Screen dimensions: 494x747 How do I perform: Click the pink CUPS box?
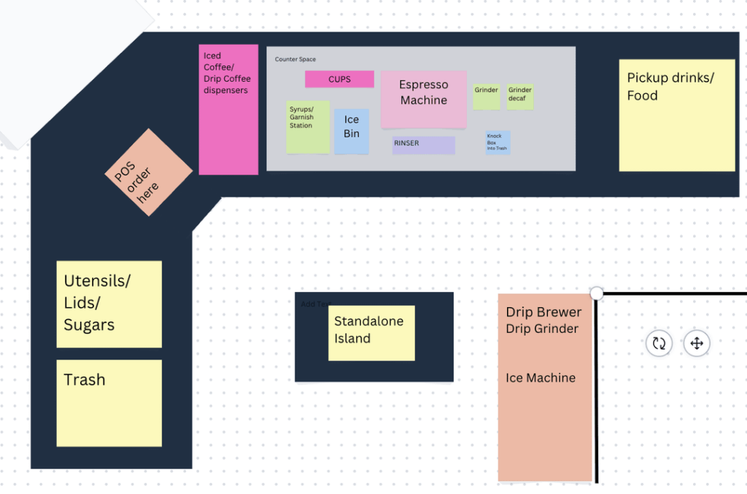click(339, 80)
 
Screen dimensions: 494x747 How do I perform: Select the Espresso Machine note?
click(423, 99)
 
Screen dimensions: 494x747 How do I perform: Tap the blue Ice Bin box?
click(352, 131)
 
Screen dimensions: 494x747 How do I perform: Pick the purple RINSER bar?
click(423, 144)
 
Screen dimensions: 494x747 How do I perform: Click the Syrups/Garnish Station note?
click(307, 127)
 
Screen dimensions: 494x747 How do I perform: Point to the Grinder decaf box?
click(520, 97)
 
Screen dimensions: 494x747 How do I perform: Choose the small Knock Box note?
click(498, 142)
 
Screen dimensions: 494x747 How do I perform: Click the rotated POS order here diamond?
click(148, 172)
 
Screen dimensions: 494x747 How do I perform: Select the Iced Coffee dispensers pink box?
click(228, 109)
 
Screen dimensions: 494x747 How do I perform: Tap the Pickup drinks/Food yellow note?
click(676, 115)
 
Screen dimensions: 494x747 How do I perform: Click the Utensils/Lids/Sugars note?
click(109, 304)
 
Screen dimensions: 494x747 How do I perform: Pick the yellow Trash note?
click(109, 403)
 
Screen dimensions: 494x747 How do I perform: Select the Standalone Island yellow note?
click(371, 333)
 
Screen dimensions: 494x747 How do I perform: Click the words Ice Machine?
click(541, 378)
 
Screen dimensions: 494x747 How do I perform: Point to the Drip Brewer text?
click(543, 312)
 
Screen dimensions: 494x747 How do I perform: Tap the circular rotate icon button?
click(659, 343)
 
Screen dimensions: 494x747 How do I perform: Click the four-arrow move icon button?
click(697, 343)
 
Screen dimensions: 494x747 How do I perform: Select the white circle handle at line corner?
click(597, 293)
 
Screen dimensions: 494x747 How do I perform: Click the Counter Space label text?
click(295, 59)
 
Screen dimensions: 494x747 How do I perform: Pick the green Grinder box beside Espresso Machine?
click(487, 96)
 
